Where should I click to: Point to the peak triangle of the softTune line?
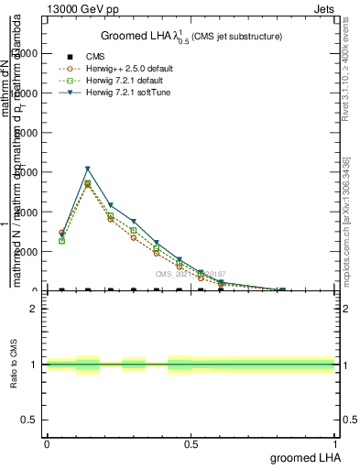coord(88,169)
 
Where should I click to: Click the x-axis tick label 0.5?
coord(191,443)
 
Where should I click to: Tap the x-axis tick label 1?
coord(336,443)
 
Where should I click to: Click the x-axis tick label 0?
coord(47,443)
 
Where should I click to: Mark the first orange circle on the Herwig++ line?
coord(61,233)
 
